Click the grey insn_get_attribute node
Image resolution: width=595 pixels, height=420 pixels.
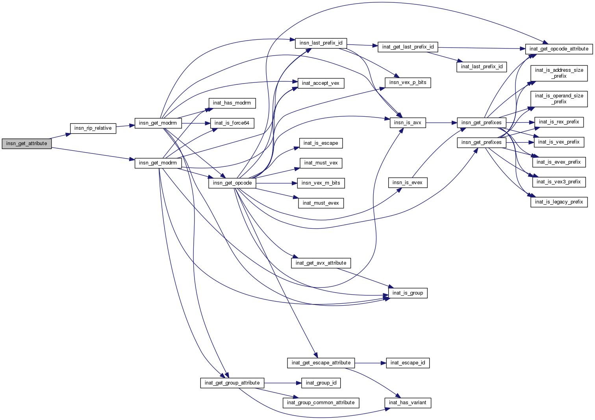[27, 144]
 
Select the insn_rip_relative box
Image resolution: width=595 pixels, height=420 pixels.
[93, 128]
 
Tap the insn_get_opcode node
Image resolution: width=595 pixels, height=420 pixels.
[232, 183]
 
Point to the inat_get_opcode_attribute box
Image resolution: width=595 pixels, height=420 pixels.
[559, 49]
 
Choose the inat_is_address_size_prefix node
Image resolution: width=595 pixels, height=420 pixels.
[559, 73]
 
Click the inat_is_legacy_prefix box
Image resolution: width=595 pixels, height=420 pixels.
[559, 202]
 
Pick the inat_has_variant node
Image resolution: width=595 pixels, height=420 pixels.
[408, 403]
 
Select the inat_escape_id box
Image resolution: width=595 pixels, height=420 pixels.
[408, 363]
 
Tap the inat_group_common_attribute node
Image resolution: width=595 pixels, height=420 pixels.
[321, 403]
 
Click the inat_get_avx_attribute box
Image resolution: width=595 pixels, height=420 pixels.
[321, 263]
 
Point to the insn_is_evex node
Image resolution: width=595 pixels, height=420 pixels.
[408, 183]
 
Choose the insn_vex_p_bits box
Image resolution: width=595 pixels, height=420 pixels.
[408, 83]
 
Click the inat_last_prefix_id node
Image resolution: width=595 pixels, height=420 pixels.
[482, 67]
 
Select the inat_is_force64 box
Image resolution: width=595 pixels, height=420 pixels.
[232, 123]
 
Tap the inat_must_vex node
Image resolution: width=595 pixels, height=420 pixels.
[321, 163]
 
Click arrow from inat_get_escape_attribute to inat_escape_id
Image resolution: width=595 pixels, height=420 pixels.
[368, 363]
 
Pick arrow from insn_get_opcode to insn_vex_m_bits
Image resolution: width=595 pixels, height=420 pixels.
[276, 183]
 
